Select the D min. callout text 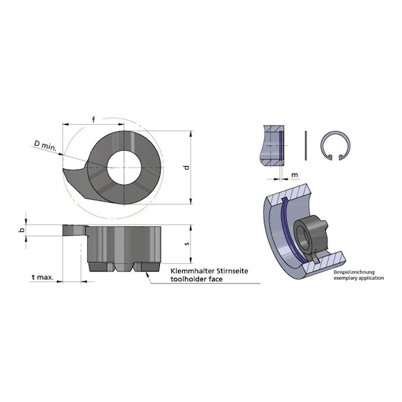click(x=47, y=144)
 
